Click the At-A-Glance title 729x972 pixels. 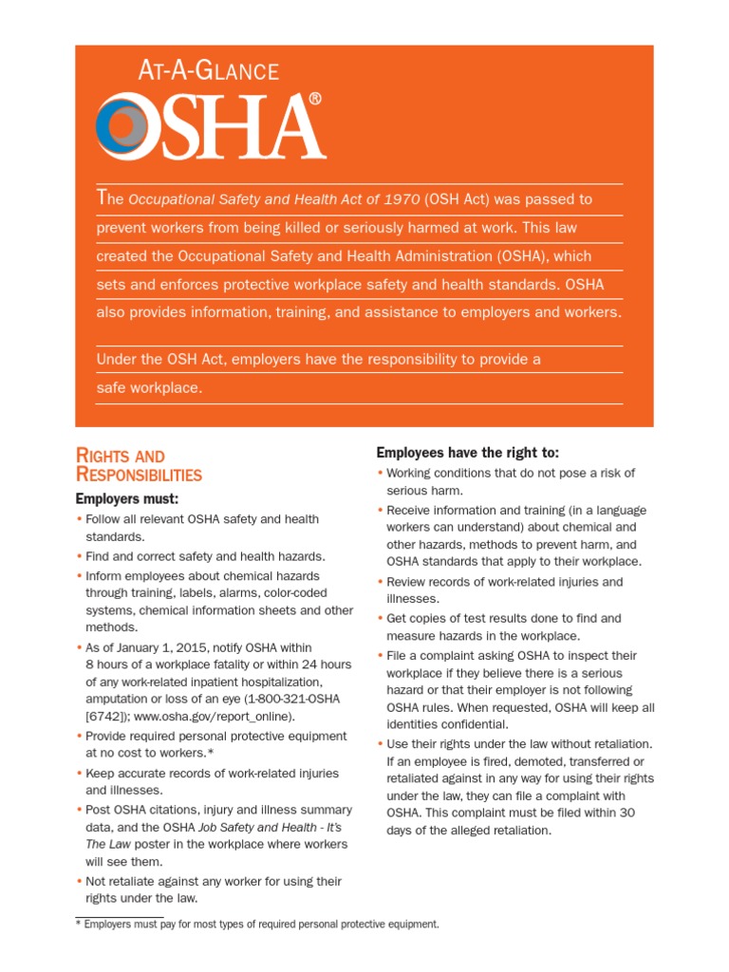(209, 71)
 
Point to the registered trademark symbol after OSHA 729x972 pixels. (315, 99)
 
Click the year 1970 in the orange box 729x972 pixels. (402, 199)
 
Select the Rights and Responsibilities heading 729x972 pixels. (139, 465)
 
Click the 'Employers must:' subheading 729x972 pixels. (126, 498)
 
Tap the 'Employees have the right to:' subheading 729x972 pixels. (468, 453)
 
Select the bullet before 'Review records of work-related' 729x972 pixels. (380, 582)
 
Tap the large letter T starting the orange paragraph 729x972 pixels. (103, 197)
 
